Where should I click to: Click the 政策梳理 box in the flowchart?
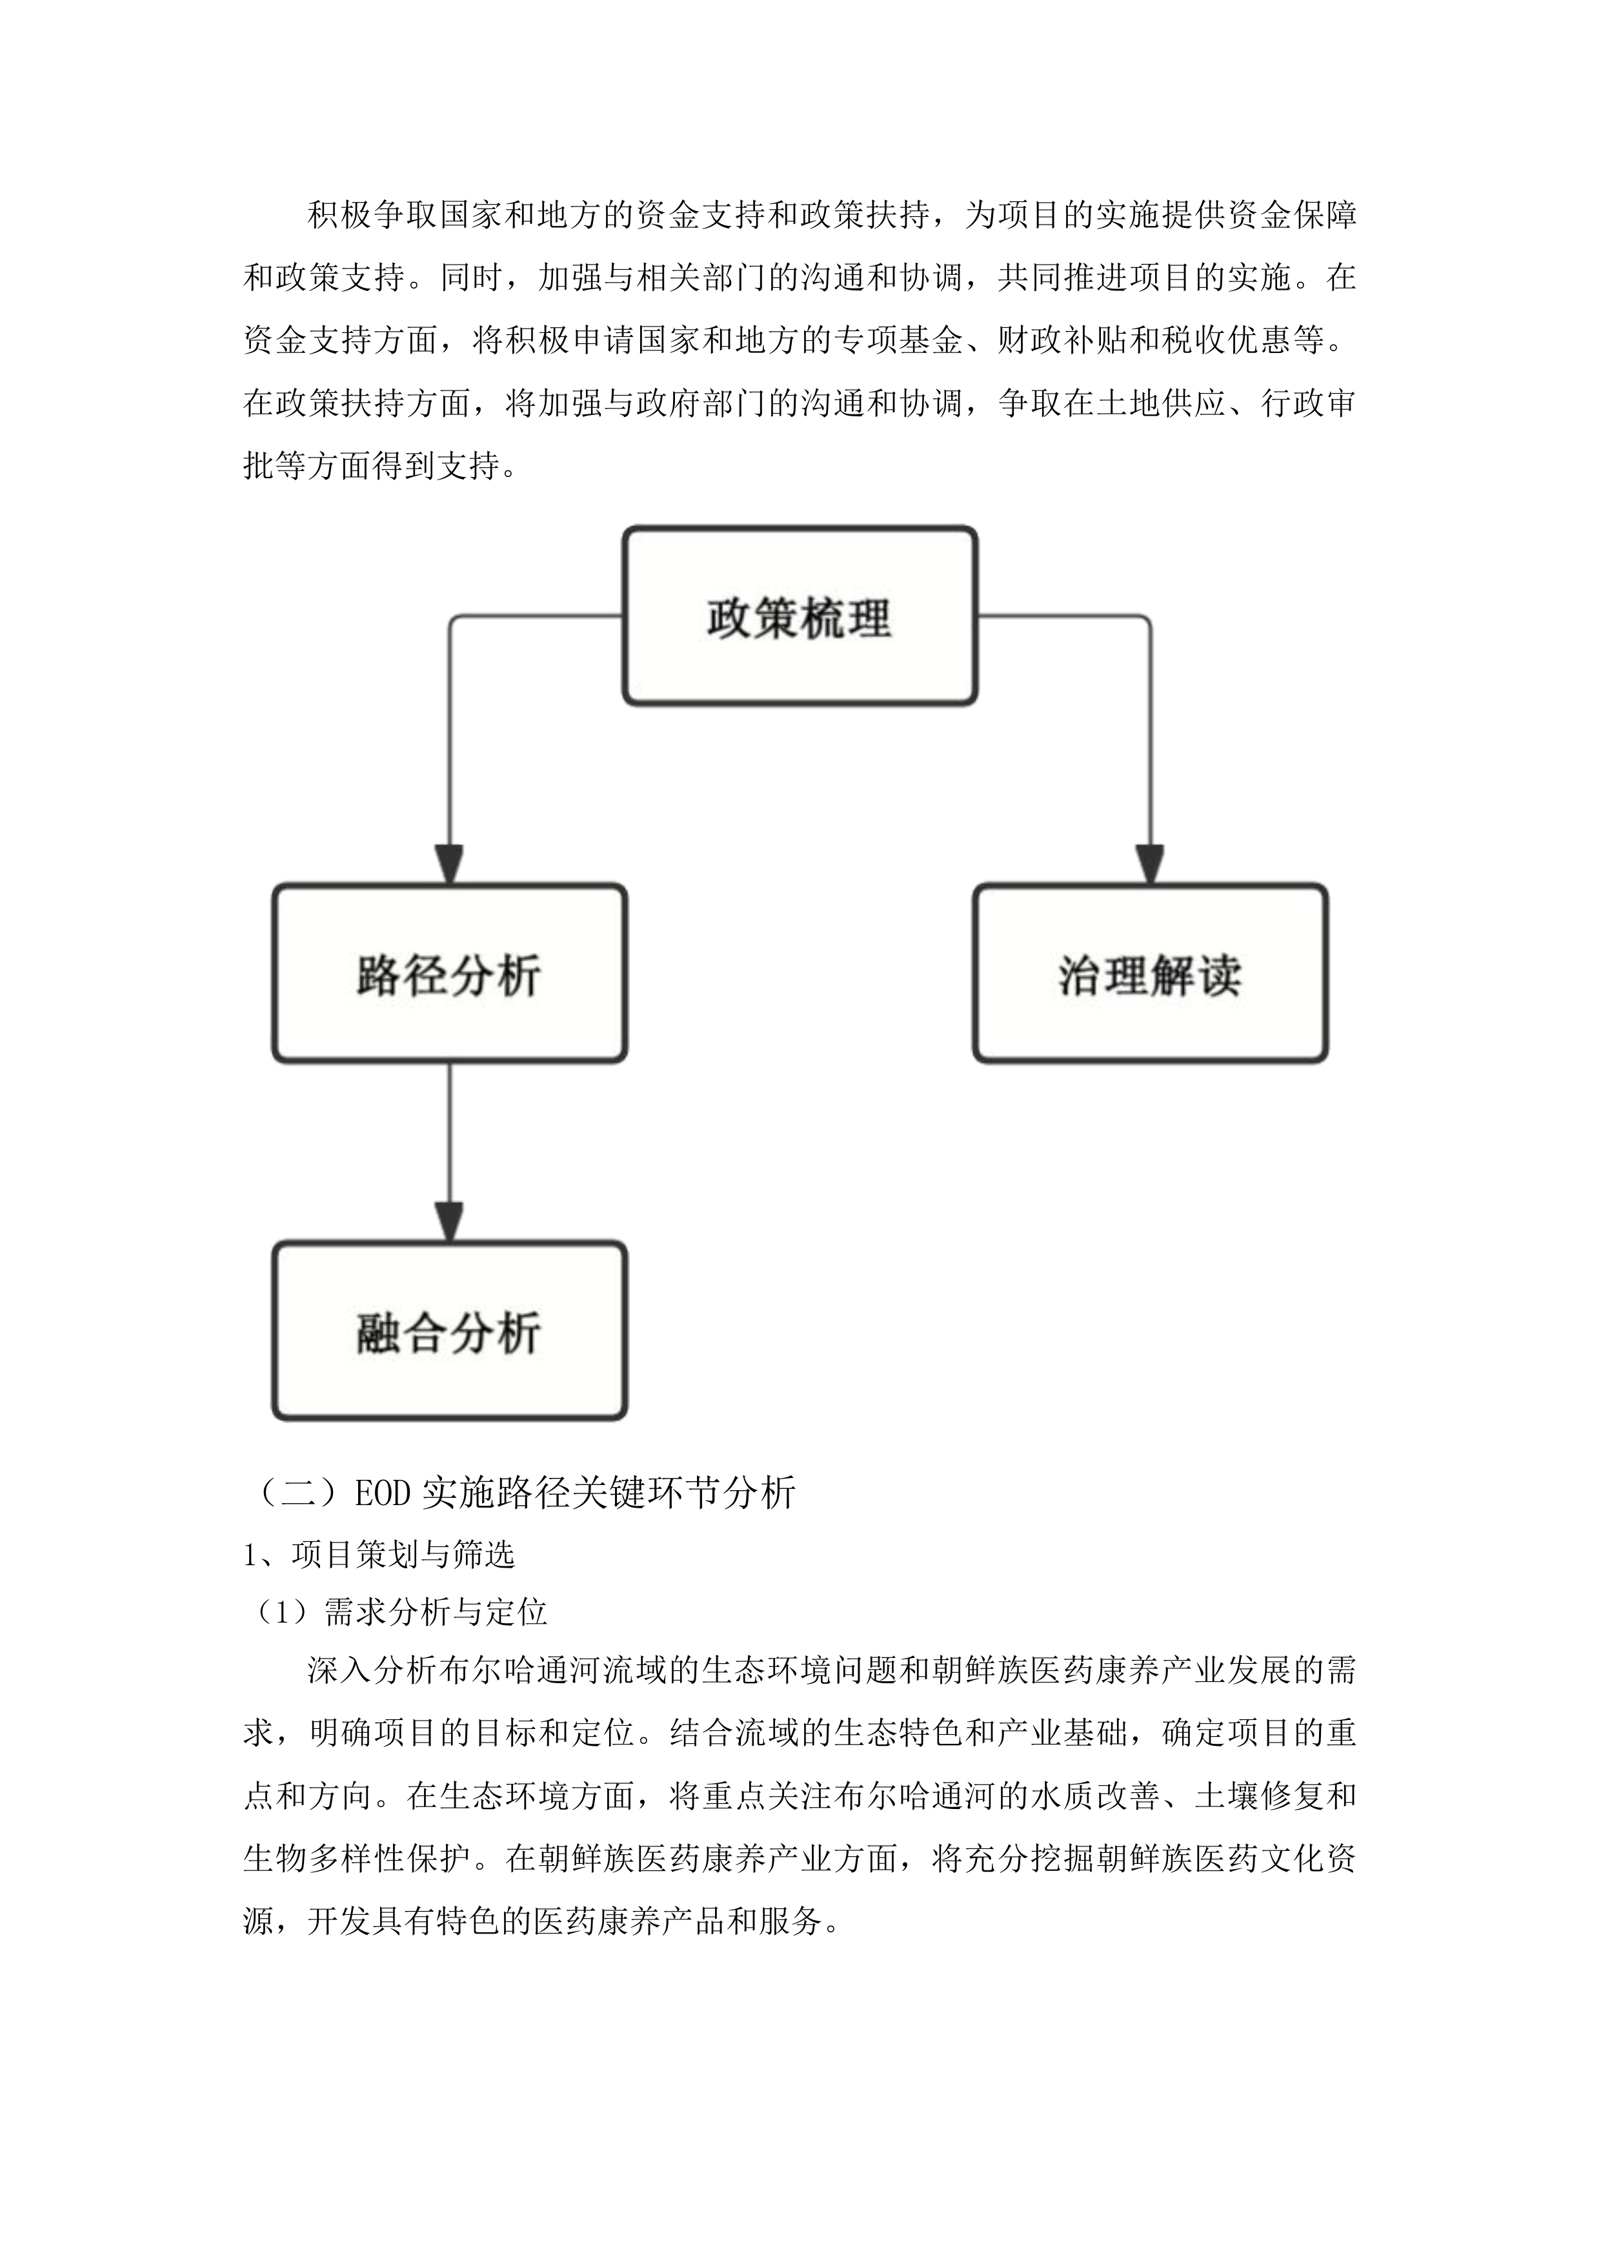coord(800,616)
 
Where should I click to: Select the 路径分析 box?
coord(450,975)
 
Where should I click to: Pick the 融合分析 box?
coord(450,1331)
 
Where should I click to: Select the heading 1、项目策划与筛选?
coord(379,1555)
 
